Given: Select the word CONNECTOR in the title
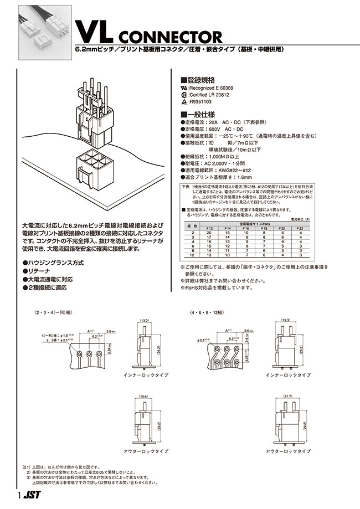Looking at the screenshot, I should pyautogui.click(x=169, y=37).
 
